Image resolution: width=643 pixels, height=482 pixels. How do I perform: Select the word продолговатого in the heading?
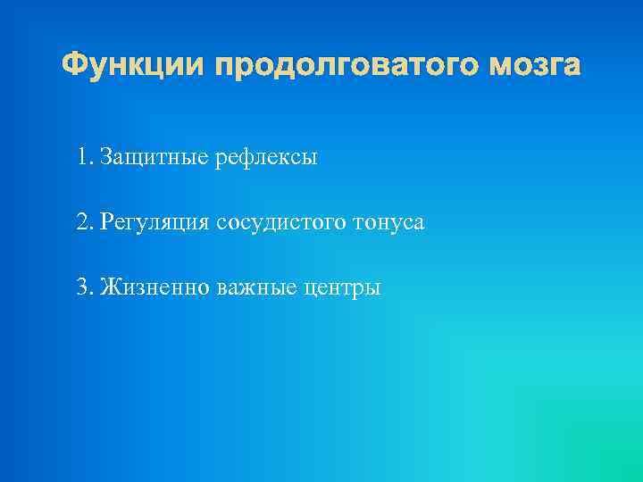point(342,66)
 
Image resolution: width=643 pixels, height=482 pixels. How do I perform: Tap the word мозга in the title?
point(533,66)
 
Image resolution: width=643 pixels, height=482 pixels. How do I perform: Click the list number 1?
point(83,158)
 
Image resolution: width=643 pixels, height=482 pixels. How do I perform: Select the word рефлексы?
point(266,158)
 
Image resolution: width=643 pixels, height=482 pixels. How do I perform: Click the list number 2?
point(84,222)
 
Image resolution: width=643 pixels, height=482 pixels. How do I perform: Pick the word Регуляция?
point(155,222)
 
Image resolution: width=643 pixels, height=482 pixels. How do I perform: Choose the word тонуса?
point(389,222)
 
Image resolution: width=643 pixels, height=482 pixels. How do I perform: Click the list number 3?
point(84,287)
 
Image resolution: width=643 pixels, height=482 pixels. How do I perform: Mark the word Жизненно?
point(154,287)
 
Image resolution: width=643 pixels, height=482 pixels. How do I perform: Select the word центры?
point(343,287)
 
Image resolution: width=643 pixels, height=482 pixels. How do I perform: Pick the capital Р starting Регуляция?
point(106,222)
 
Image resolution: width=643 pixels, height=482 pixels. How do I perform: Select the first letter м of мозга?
point(495,68)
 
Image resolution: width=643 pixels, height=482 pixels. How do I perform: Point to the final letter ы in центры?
point(373,289)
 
